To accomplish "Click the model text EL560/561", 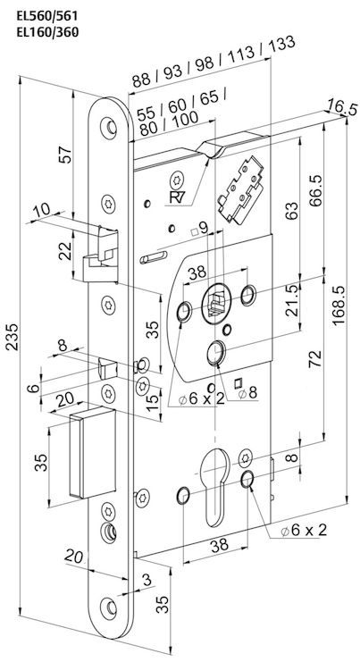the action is click(46, 16).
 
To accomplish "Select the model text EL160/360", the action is click(46, 32).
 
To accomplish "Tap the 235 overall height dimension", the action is click(12, 337).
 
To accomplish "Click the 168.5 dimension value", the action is click(339, 306).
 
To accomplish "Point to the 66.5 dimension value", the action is click(315, 190).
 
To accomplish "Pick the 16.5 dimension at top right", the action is click(343, 108).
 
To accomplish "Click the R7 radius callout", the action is click(178, 197).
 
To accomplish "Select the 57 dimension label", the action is click(66, 155).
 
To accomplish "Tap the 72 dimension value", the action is click(315, 358).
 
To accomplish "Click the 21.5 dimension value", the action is click(291, 301).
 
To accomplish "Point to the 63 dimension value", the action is click(291, 210).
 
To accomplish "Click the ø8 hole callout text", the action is click(247, 393).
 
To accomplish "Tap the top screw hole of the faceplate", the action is click(109, 127).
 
